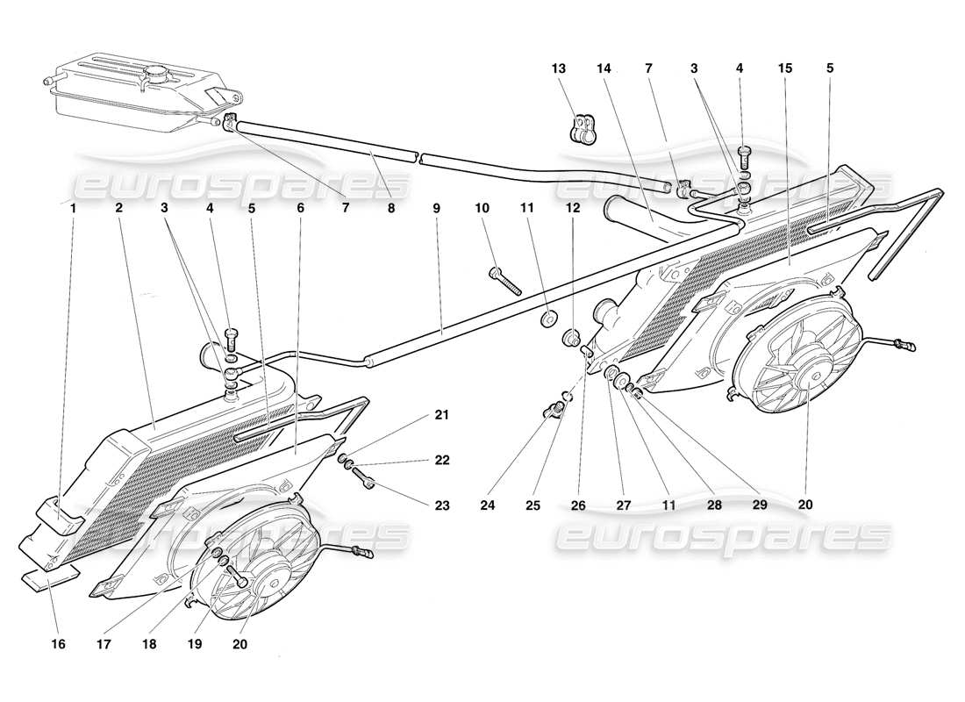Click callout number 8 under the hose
click(x=391, y=209)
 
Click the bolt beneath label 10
click(x=506, y=280)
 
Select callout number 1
click(x=74, y=209)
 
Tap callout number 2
click(x=118, y=209)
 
